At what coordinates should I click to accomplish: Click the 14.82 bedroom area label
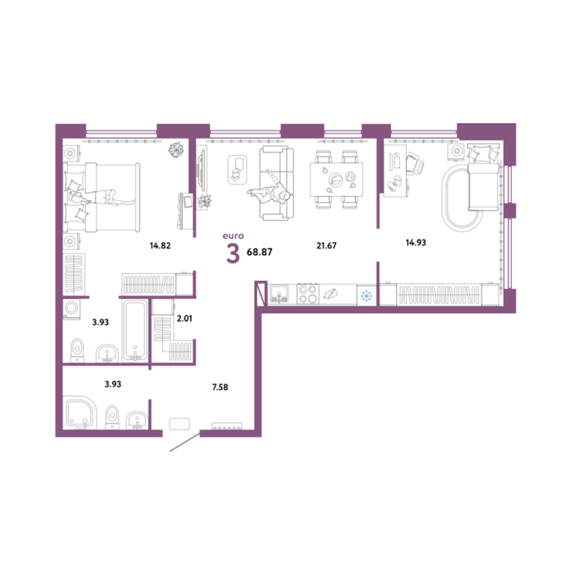(x=160, y=245)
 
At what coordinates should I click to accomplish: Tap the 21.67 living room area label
(x=326, y=245)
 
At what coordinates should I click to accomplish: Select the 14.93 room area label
(x=416, y=242)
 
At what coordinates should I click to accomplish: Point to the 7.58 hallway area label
(x=220, y=387)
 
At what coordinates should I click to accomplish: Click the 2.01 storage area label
(x=184, y=319)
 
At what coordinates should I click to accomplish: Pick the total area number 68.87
(x=260, y=251)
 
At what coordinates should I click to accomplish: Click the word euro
(x=233, y=236)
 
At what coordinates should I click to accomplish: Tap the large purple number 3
(x=233, y=254)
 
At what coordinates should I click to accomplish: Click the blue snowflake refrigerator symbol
(x=366, y=295)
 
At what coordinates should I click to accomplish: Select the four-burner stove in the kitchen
(x=307, y=294)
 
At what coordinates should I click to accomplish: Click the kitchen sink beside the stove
(x=280, y=294)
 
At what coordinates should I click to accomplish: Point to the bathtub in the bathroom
(x=135, y=331)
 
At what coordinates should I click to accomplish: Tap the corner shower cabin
(x=80, y=413)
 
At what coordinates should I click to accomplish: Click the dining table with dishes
(x=336, y=180)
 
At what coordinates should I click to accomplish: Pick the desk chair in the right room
(x=416, y=163)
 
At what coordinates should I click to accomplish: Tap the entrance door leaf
(x=185, y=442)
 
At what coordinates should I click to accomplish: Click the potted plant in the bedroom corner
(x=176, y=149)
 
